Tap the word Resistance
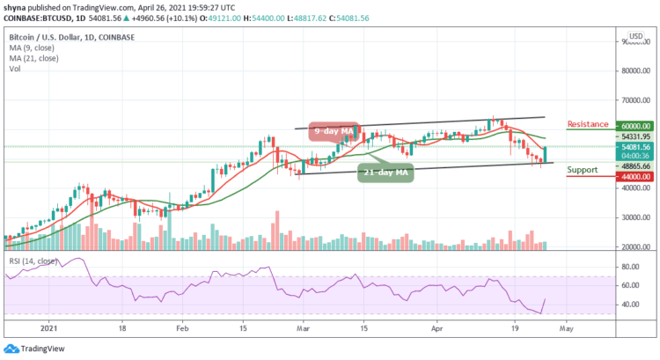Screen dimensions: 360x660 [x=589, y=125]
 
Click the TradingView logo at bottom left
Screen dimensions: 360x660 [x=33, y=347]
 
